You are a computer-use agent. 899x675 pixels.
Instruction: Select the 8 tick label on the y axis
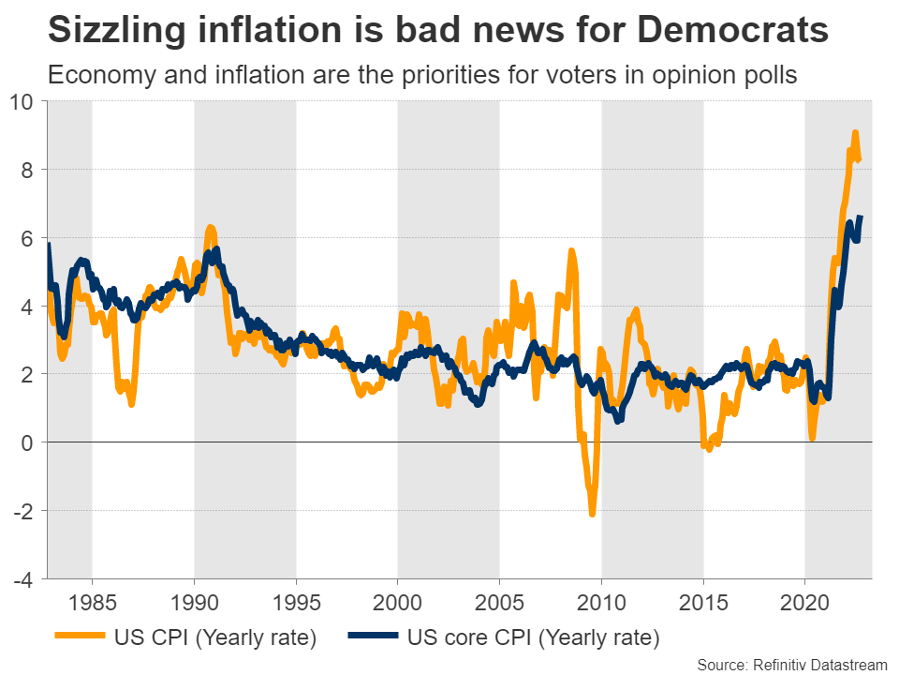28,170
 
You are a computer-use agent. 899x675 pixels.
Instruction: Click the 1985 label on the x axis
92,600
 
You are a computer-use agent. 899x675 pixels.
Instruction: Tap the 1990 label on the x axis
194,600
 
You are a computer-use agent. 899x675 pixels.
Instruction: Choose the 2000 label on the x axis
398,600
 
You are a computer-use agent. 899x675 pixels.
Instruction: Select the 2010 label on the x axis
601,600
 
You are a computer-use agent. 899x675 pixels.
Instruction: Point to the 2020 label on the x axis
805,600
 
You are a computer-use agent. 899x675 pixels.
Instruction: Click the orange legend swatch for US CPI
81,638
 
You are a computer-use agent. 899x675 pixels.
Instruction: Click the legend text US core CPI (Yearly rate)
534,638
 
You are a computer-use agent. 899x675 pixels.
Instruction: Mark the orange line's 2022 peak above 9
855,133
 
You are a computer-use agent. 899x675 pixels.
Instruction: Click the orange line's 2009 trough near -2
592,513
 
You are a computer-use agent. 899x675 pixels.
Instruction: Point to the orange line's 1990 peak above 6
210,228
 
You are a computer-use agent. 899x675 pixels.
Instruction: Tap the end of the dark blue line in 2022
861,217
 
